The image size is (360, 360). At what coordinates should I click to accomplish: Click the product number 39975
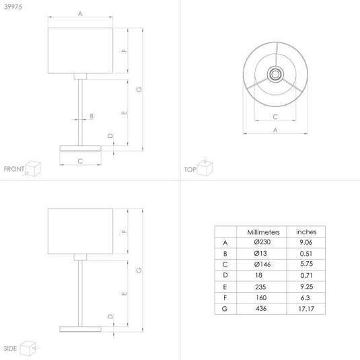pos(13,7)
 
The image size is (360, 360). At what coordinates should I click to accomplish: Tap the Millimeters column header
pos(263,232)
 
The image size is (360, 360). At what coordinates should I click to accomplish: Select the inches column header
pos(306,232)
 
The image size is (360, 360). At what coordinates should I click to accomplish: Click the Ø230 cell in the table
pos(262,242)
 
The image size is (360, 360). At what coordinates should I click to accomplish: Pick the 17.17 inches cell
pos(306,309)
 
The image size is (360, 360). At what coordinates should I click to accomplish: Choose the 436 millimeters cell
pos(261,308)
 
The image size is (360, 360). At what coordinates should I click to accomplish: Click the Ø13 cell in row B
pos(260,253)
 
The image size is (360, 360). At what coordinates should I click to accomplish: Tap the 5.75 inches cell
pos(307,264)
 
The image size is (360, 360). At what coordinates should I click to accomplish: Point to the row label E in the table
pos(225,287)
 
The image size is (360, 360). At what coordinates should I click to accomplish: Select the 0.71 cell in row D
pos(307,275)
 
